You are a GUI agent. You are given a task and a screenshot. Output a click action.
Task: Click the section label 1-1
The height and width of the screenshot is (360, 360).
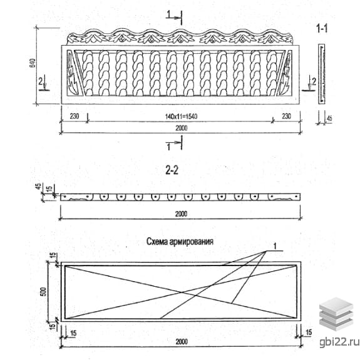(x=322, y=29)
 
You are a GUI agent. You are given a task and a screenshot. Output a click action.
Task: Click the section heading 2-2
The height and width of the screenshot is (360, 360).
(x=172, y=170)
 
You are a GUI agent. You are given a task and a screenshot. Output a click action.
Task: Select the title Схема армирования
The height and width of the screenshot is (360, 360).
(x=180, y=242)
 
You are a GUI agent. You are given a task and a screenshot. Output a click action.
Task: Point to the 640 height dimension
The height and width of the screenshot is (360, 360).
(x=33, y=63)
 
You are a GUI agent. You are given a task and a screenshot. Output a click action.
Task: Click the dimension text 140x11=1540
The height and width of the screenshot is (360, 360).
(x=181, y=116)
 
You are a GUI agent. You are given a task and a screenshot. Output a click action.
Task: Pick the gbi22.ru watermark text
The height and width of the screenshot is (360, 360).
(x=339, y=342)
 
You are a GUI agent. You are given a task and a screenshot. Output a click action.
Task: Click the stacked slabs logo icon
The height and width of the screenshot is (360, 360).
(x=336, y=314)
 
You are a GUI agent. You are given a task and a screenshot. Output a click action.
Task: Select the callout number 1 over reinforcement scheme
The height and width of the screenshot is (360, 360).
(x=275, y=246)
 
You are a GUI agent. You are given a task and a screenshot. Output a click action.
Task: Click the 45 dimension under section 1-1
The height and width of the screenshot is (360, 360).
(x=329, y=118)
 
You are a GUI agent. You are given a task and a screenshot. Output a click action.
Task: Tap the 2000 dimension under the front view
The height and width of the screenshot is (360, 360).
(x=182, y=128)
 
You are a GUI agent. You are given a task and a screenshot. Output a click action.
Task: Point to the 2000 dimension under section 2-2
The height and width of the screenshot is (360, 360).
(x=182, y=214)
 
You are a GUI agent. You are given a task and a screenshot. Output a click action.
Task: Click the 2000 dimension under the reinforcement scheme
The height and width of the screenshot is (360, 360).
(x=182, y=342)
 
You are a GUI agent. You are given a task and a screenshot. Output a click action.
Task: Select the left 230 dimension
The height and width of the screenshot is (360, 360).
(x=74, y=116)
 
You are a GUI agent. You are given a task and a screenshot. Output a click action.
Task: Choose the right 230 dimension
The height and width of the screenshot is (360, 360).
(x=286, y=116)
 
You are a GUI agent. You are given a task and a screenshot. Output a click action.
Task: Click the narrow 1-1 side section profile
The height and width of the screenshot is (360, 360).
(x=321, y=74)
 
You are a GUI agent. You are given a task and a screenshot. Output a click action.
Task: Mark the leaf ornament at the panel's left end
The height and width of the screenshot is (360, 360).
(x=73, y=73)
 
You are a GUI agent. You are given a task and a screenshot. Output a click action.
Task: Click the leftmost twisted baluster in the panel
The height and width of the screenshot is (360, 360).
(x=87, y=73)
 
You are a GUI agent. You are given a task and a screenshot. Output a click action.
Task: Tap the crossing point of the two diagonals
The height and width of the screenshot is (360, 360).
(x=182, y=292)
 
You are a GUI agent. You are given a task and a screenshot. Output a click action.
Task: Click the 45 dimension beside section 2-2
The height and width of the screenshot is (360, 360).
(x=39, y=186)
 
